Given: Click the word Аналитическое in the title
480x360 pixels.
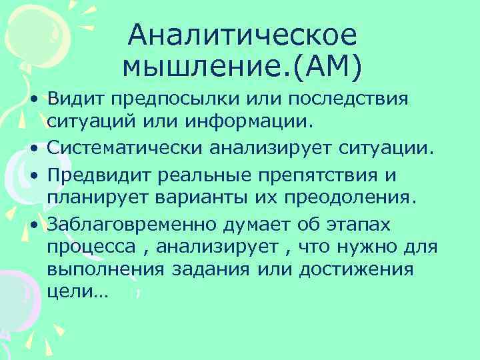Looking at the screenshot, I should pos(243,35).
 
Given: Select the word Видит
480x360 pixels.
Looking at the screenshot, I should pos(74,99).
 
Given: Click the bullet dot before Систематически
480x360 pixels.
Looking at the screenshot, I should pos(33,147).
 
